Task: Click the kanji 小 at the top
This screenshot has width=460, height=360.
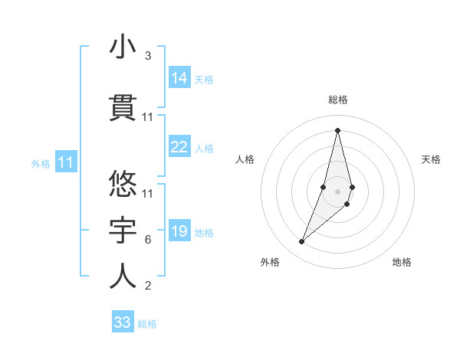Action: pyautogui.click(x=123, y=47)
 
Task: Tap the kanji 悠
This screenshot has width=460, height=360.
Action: pyautogui.click(x=123, y=184)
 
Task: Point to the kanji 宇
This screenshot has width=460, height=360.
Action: pyautogui.click(x=123, y=231)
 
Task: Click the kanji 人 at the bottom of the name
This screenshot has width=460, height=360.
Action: pyautogui.click(x=123, y=277)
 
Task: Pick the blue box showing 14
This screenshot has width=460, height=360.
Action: pyautogui.click(x=179, y=77)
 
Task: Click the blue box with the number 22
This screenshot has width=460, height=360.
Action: pyautogui.click(x=179, y=147)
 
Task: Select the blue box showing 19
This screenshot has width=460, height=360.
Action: pyautogui.click(x=179, y=231)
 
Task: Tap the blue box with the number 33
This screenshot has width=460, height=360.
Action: pyautogui.click(x=123, y=322)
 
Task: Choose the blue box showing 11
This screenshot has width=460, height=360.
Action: pyautogui.click(x=66, y=162)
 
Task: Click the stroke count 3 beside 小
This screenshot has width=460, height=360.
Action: pyautogui.click(x=147, y=56)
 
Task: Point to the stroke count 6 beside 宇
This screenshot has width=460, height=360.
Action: pyautogui.click(x=147, y=240)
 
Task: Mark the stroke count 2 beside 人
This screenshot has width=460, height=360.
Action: pyautogui.click(x=147, y=286)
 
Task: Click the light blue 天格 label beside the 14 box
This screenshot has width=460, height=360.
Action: pyautogui.click(x=204, y=79)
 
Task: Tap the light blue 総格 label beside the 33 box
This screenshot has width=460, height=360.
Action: pyautogui.click(x=147, y=324)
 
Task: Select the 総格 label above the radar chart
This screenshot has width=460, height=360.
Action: pyautogui.click(x=337, y=100)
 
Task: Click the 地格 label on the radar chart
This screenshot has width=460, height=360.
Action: pyautogui.click(x=402, y=262)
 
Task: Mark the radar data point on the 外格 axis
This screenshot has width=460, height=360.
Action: pyautogui.click(x=301, y=242)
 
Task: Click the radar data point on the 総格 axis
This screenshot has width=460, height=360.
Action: pyautogui.click(x=337, y=129)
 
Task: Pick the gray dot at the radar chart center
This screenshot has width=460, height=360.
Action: pyautogui.click(x=337, y=191)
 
